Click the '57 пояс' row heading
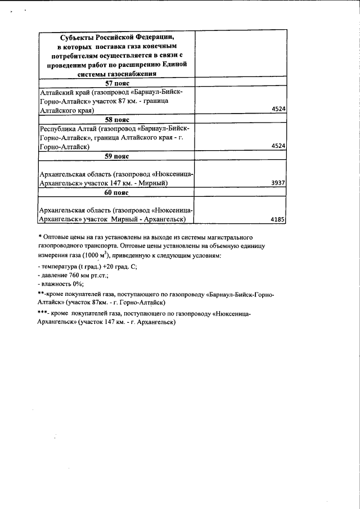click(117, 83)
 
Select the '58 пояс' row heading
click(117, 120)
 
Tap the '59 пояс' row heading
click(117, 156)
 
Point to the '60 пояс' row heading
click(117, 192)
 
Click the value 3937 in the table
click(278, 183)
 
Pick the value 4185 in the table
click(278, 220)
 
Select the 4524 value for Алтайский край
click(279, 110)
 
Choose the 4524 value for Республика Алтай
click(279, 146)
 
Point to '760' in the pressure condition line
click(73, 276)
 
